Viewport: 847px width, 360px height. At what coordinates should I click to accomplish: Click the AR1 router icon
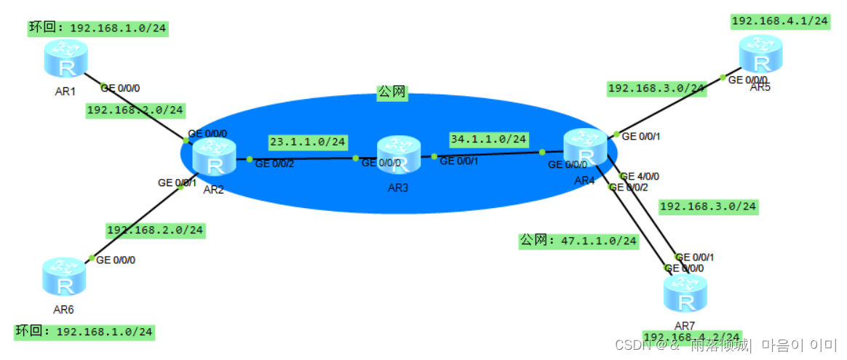tap(65, 60)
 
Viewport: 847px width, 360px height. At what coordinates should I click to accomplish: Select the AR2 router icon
tap(214, 159)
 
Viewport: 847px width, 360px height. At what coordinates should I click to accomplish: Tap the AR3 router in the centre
tap(399, 154)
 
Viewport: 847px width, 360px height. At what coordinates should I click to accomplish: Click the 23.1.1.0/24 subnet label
tap(307, 142)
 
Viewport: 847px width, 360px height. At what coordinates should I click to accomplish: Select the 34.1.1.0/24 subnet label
tap(489, 138)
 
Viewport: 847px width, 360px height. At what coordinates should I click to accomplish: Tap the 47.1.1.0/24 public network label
tap(578, 241)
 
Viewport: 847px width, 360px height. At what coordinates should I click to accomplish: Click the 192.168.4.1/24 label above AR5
tap(780, 21)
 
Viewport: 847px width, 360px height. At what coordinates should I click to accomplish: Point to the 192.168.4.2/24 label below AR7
tap(692, 337)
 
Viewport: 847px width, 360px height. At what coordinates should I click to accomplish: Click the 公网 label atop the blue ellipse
tap(391, 92)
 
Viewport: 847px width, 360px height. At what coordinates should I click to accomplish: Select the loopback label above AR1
tap(98, 28)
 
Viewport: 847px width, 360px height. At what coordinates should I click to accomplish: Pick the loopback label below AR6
tap(84, 332)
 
